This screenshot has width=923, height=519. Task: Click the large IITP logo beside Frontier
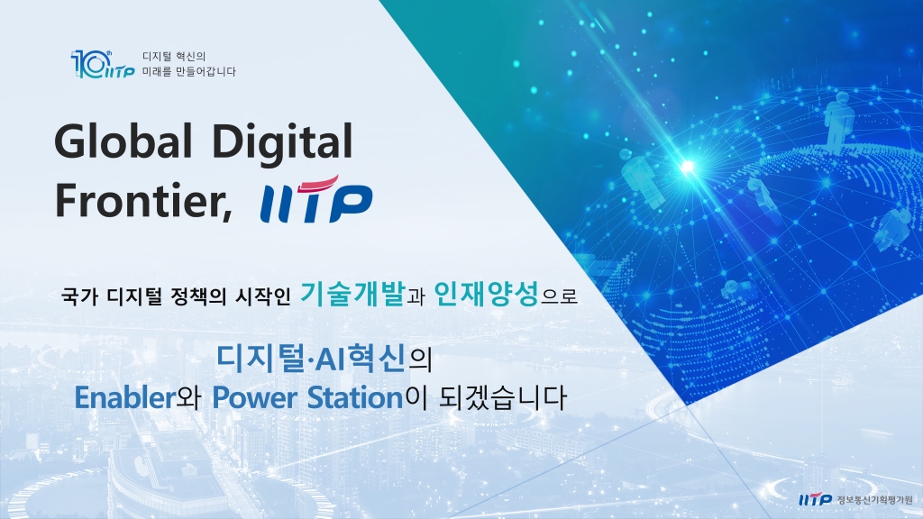[315, 200]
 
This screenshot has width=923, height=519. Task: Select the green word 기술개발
[352, 293]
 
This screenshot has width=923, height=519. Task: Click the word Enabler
[123, 397]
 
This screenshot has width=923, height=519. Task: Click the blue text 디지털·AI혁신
[312, 358]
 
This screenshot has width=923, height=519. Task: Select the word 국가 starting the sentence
[78, 296]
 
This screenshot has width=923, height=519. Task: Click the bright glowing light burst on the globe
[688, 167]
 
